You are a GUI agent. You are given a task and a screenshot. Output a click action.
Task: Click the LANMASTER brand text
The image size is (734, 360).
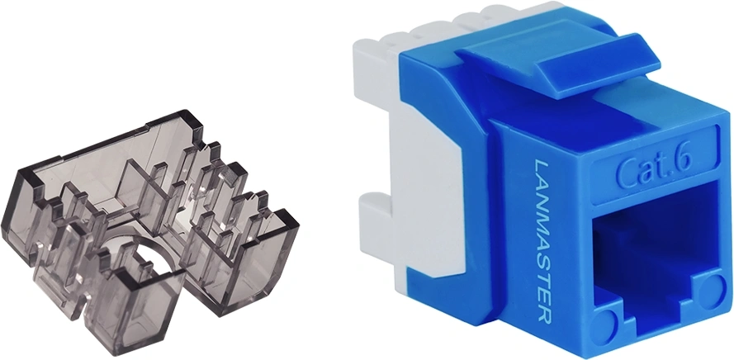[x=542, y=241]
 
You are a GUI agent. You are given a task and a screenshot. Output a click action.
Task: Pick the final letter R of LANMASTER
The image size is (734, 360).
[x=543, y=315]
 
